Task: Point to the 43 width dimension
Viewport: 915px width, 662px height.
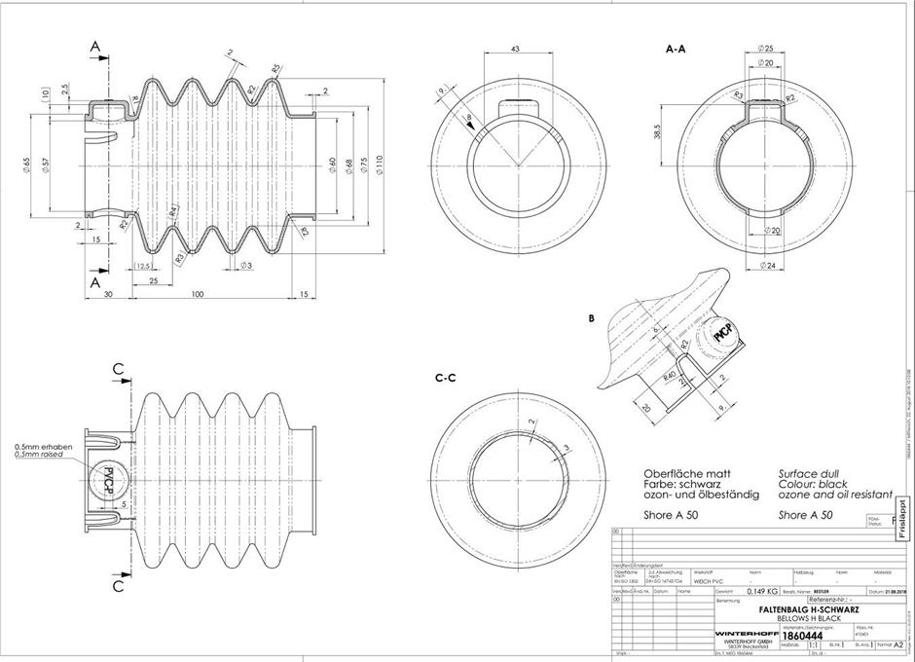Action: [515, 49]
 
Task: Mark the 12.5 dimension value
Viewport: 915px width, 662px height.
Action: [143, 267]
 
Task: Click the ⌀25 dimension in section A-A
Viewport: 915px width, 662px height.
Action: [764, 48]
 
